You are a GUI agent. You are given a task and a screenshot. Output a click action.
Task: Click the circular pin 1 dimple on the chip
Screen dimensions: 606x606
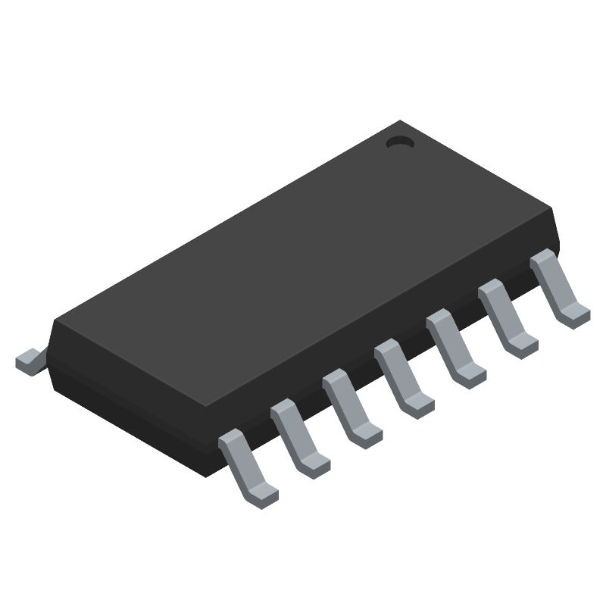tap(398, 141)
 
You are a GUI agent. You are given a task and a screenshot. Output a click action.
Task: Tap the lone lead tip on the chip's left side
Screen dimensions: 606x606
tap(29, 359)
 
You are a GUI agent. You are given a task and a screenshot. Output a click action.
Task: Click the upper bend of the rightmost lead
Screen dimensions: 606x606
tap(543, 259)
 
